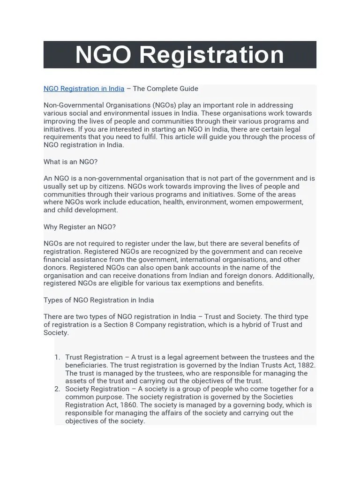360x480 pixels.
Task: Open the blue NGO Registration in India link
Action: click(x=84, y=89)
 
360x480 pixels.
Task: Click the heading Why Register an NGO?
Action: click(x=79, y=227)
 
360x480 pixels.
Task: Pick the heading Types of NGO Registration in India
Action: click(x=98, y=300)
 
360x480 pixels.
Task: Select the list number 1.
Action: click(x=57, y=357)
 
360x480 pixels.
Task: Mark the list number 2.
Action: click(x=57, y=389)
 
